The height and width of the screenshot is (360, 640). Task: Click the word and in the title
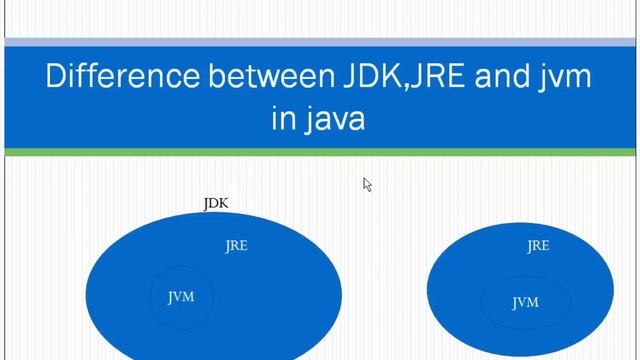481,77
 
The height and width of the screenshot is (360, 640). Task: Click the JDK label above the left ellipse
216,204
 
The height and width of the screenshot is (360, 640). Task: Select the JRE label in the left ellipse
236,246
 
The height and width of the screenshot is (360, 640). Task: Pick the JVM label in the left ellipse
181,297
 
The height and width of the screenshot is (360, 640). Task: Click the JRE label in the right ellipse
538,246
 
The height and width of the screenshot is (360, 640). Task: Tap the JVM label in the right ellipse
525,302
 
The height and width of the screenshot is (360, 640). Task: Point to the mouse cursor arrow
367,184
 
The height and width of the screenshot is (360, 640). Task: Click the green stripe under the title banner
320,152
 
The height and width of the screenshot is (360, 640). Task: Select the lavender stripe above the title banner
320,42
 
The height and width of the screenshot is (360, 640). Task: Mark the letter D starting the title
55,77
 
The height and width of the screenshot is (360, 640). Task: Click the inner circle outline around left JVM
152,298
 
